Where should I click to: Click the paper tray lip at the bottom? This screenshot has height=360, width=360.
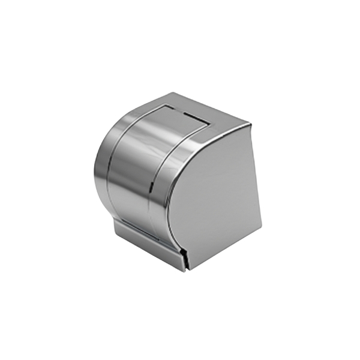(150, 247)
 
